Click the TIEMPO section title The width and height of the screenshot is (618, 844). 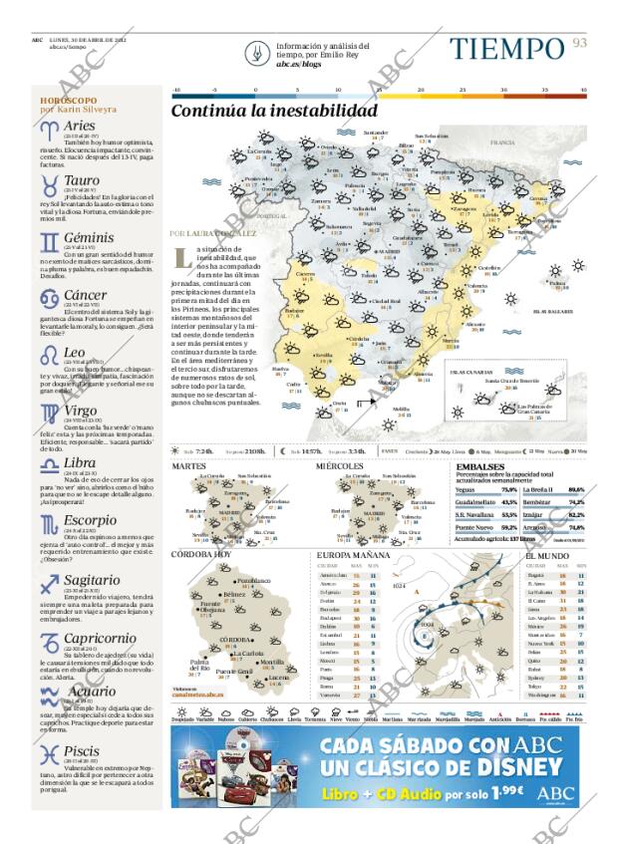[506, 48]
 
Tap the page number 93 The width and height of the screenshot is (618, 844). [579, 43]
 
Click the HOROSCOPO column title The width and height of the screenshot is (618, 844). [69, 101]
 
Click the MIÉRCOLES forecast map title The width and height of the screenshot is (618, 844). [340, 466]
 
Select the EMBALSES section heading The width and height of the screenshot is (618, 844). [479, 466]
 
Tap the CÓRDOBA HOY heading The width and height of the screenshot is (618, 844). [201, 554]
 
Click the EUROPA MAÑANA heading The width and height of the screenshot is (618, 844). [353, 554]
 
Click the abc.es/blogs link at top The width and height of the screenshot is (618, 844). [297, 63]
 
